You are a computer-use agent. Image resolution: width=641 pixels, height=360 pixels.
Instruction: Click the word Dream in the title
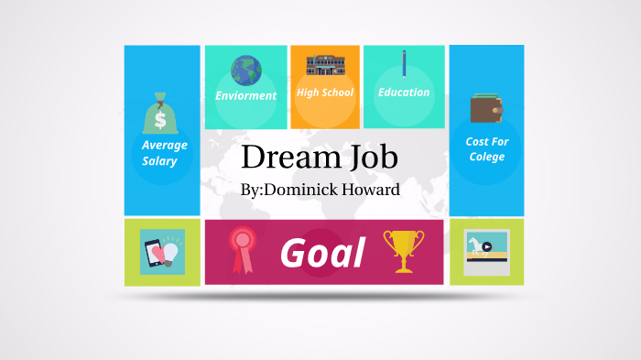[283, 158]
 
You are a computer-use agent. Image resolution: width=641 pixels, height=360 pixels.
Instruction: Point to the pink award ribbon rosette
[243, 247]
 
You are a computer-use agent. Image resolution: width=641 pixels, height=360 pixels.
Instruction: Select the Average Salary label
[164, 153]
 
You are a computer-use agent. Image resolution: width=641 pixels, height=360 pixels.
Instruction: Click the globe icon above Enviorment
[245, 70]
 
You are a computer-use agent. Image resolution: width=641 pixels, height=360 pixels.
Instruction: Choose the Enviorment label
[245, 95]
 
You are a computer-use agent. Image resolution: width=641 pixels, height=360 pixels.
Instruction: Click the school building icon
[324, 66]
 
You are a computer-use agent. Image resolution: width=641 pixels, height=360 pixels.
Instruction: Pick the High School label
[324, 93]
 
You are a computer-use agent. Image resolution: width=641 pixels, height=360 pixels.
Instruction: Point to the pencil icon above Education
[404, 64]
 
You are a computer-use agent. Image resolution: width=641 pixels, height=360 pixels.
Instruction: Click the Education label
[404, 93]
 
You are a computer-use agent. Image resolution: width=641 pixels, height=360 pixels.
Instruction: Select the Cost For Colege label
[486, 149]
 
